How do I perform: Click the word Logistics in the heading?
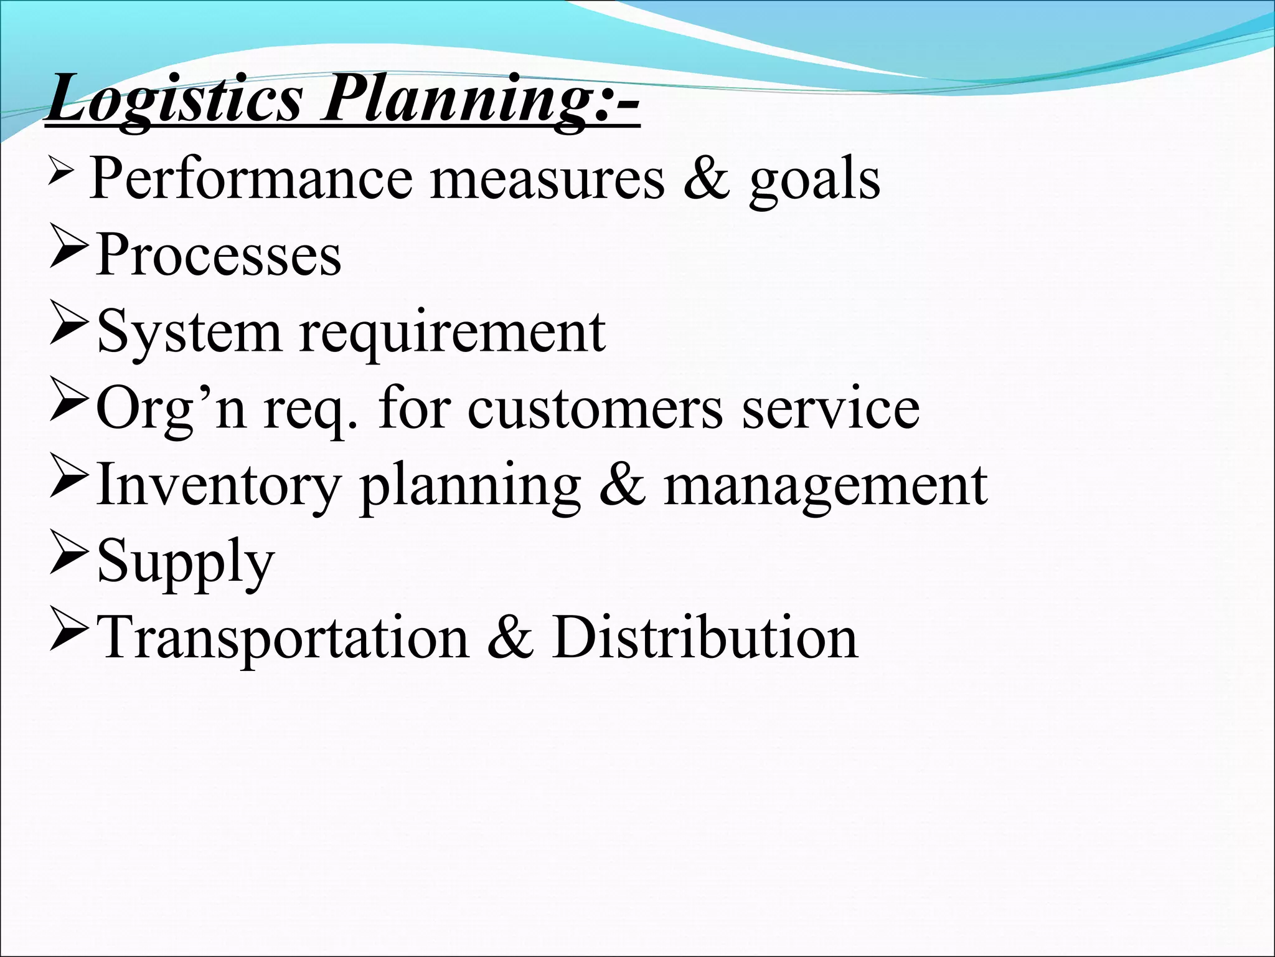pyautogui.click(x=174, y=100)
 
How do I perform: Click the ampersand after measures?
pyautogui.click(x=706, y=179)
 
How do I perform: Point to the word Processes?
pyautogui.click(x=219, y=255)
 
